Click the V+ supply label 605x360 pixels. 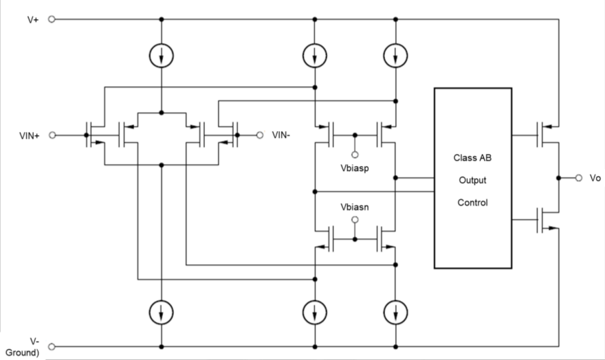click(32, 19)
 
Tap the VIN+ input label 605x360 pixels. click(30, 135)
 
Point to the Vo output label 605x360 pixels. click(595, 178)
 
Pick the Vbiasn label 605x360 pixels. click(355, 206)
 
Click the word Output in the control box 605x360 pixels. click(472, 180)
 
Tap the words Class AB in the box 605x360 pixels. click(472, 157)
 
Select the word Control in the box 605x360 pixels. click(472, 203)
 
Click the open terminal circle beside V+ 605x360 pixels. click(51, 19)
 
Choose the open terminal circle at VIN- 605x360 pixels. click(260, 135)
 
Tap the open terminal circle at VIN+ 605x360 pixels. click(51, 135)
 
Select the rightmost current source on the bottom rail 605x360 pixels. click(397, 313)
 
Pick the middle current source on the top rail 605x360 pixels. click(315, 56)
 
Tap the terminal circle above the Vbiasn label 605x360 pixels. click(355, 220)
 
